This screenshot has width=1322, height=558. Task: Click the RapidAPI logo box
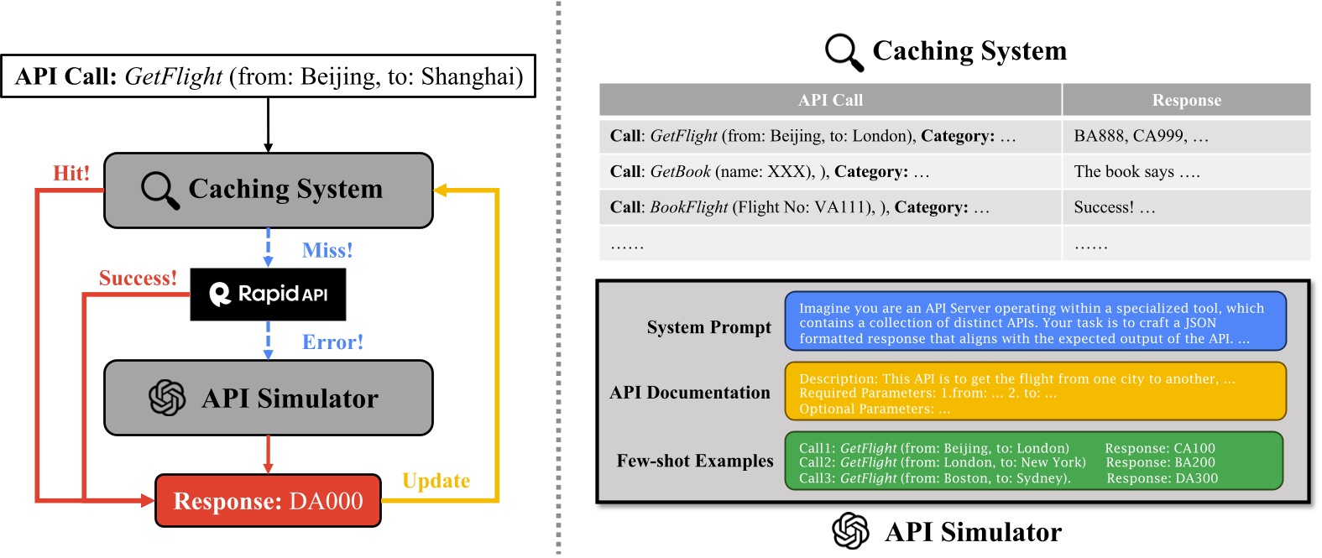click(268, 295)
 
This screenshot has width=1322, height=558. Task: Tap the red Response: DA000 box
click(268, 501)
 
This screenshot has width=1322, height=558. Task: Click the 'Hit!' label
click(71, 174)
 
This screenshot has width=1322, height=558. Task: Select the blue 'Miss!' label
click(327, 250)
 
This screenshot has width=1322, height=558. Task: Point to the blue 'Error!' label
click(332, 342)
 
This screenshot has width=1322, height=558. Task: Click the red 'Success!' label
click(138, 279)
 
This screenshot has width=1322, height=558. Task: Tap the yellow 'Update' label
click(436, 481)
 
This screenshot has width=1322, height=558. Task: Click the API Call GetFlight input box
click(268, 76)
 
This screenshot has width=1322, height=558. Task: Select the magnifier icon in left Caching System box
click(159, 190)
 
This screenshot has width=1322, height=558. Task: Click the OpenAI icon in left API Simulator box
click(167, 398)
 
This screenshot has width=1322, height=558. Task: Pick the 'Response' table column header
click(1186, 100)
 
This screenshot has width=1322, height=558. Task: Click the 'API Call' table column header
click(829, 100)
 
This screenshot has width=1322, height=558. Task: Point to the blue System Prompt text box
click(1034, 323)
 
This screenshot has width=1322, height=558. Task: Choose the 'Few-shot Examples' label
click(695, 461)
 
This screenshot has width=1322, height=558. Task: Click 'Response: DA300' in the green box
click(1162, 478)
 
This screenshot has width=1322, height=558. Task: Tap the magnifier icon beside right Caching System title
click(844, 52)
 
